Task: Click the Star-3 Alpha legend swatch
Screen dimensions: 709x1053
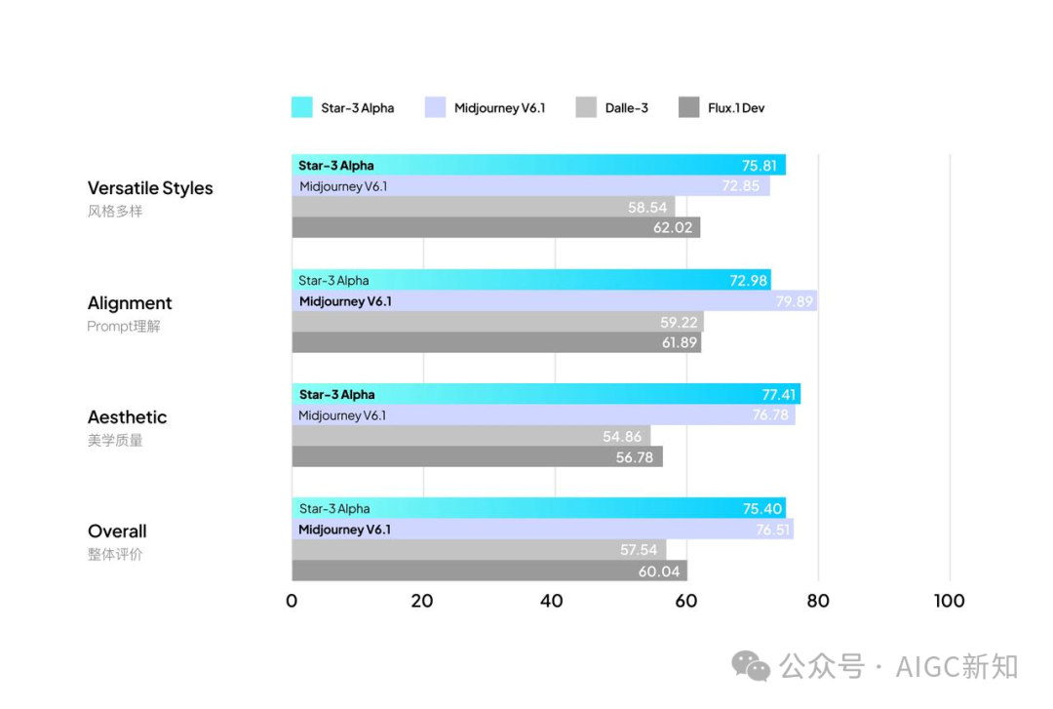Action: pyautogui.click(x=301, y=107)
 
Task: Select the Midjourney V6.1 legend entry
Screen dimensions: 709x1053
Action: pyautogui.click(x=499, y=108)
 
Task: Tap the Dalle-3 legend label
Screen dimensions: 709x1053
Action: pyautogui.click(x=626, y=108)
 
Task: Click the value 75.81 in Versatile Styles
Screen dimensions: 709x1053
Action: pyautogui.click(x=760, y=166)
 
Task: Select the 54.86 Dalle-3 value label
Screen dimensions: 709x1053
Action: pyautogui.click(x=622, y=436)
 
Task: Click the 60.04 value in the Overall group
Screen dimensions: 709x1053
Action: pyautogui.click(x=659, y=571)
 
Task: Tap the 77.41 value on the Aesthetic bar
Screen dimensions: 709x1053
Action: pyautogui.click(x=778, y=395)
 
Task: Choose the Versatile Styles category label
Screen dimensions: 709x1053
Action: pyautogui.click(x=150, y=188)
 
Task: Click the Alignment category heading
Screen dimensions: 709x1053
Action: pyautogui.click(x=130, y=303)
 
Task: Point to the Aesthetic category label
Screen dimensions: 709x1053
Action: pyautogui.click(x=127, y=417)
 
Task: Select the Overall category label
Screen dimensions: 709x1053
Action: pyautogui.click(x=117, y=532)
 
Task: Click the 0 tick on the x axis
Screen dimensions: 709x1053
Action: pyautogui.click(x=292, y=601)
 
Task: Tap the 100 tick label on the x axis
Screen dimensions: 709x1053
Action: pyautogui.click(x=949, y=601)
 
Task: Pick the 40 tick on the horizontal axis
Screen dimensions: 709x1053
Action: pyautogui.click(x=553, y=601)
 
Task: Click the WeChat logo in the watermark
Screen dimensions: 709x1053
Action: pyautogui.click(x=751, y=667)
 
